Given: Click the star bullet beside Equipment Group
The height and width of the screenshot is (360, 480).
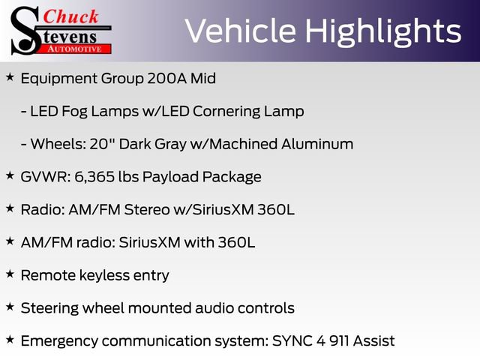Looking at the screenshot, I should pyautogui.click(x=10, y=77).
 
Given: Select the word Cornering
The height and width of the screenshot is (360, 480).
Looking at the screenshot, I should pyautogui.click(x=229, y=111).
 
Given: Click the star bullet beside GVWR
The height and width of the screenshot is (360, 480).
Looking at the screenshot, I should pyautogui.click(x=10, y=176).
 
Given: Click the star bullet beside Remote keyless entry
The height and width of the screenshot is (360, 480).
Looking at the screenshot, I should pyautogui.click(x=10, y=274).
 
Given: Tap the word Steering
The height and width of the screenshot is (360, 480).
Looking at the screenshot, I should pyautogui.click(x=49, y=308).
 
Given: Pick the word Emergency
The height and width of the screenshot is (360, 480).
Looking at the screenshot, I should pyautogui.click(x=58, y=341).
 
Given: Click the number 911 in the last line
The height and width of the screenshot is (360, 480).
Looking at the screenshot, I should pyautogui.click(x=337, y=340).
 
